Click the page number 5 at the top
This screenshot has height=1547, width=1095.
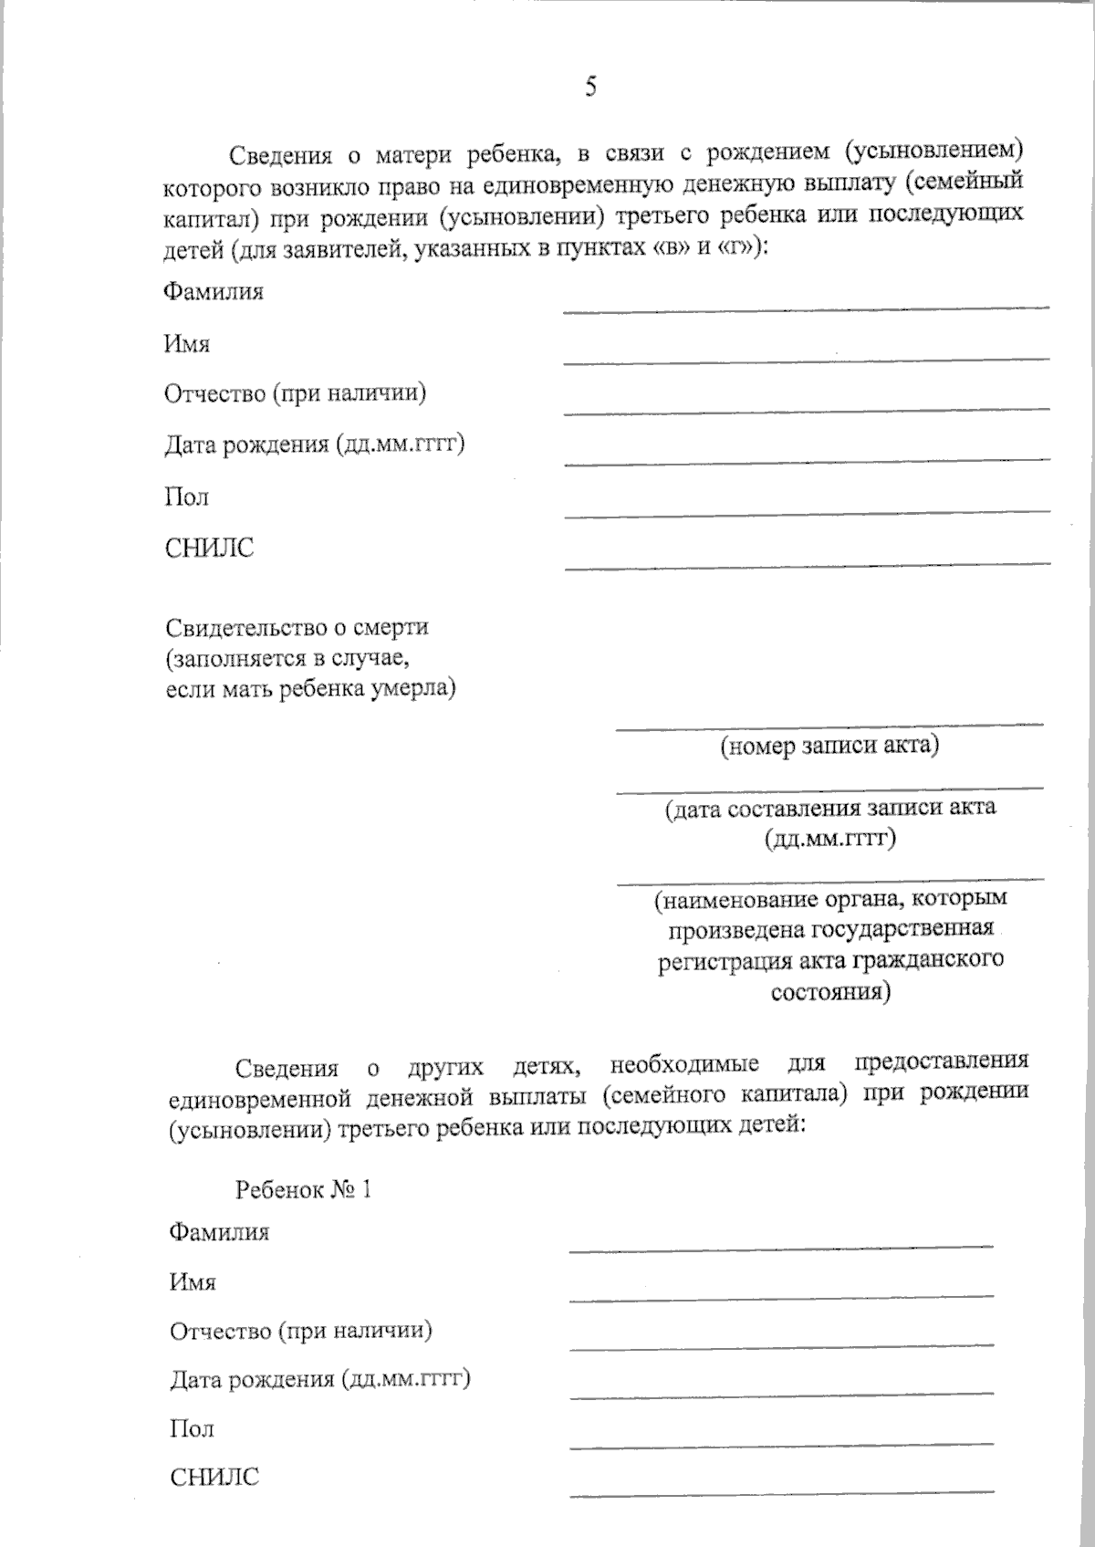591,87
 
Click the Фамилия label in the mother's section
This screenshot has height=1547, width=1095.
214,292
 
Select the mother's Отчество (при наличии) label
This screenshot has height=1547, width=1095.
295,393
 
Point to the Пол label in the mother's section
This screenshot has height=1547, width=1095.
186,497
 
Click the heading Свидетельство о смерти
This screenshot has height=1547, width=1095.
297,628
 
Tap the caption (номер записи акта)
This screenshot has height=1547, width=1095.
829,747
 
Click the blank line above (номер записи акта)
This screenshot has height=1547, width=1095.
829,725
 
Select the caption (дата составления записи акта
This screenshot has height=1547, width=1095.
829,808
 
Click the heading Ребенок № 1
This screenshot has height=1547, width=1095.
303,1190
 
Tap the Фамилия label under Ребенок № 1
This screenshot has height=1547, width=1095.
219,1232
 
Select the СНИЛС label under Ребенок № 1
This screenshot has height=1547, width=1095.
214,1477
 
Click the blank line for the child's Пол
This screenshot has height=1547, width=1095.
780,1443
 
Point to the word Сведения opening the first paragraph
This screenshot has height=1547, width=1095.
279,153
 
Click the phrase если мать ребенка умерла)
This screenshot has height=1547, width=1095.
310,689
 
